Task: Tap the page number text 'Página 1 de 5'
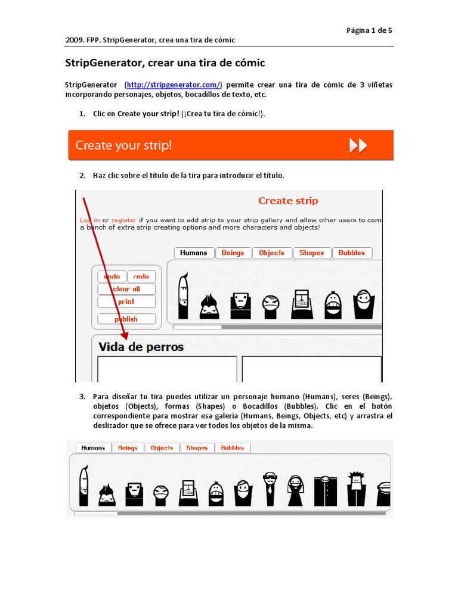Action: (x=369, y=30)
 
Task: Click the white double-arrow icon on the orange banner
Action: (x=358, y=145)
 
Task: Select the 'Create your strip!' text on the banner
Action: (x=123, y=145)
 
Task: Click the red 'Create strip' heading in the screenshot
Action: (x=288, y=201)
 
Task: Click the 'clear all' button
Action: (x=126, y=289)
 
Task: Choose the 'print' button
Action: (x=126, y=301)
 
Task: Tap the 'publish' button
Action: (x=126, y=319)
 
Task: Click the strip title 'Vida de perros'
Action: (x=141, y=347)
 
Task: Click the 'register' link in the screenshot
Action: (x=124, y=220)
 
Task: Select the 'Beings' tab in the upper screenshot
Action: (x=233, y=253)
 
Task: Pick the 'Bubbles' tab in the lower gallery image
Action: (x=233, y=447)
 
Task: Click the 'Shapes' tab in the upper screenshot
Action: (x=311, y=253)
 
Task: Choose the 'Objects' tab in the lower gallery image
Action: (x=162, y=447)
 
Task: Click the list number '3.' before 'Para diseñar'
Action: (x=82, y=396)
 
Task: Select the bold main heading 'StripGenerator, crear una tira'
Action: (x=165, y=63)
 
